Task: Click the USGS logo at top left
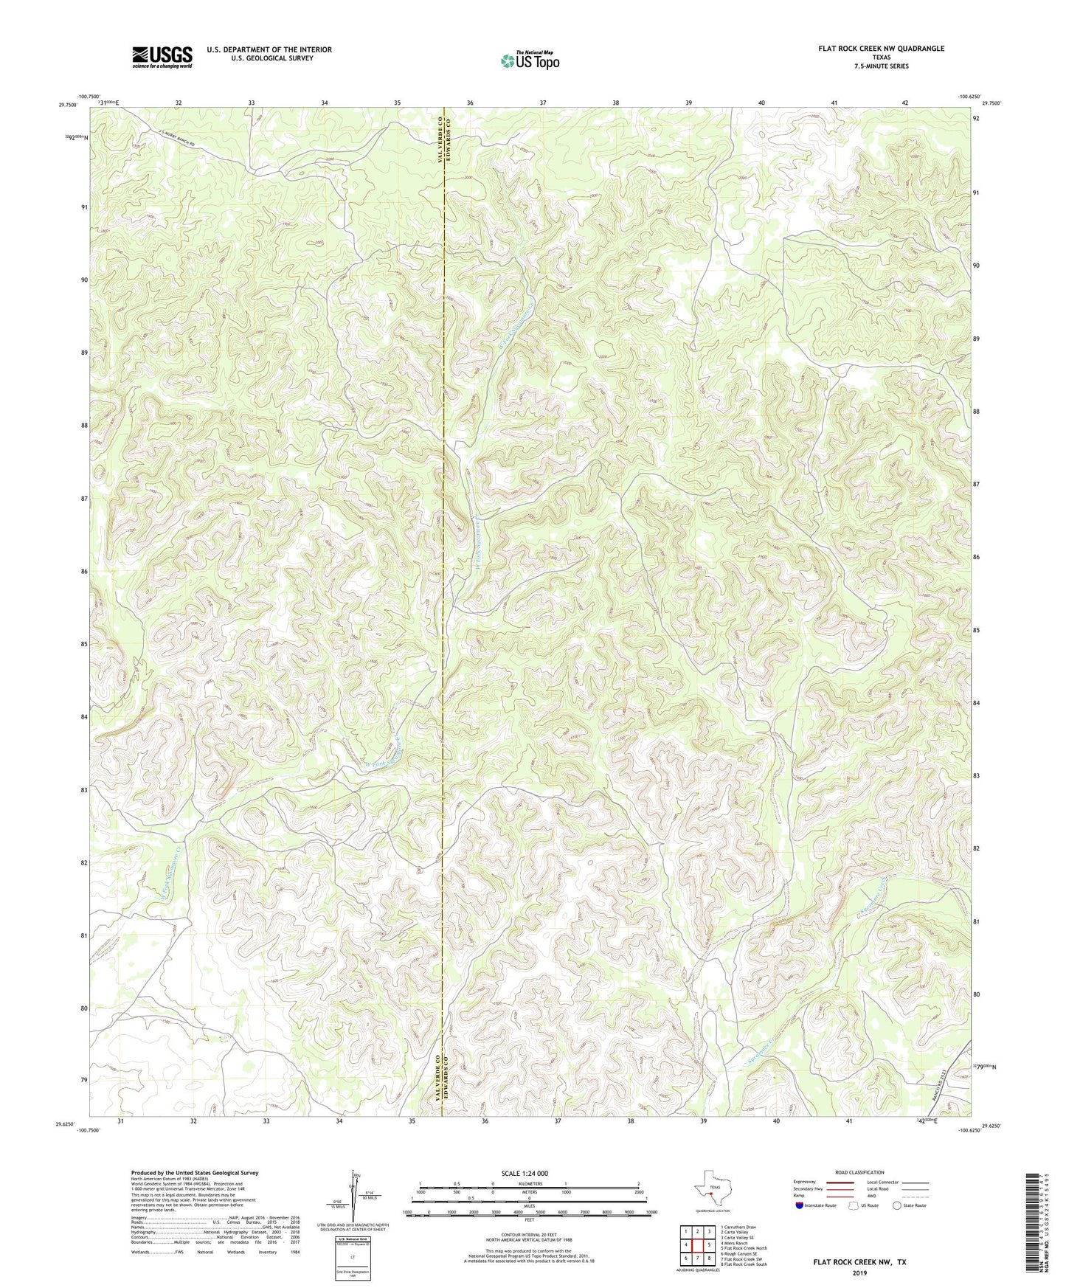point(162,57)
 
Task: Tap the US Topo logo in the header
point(529,60)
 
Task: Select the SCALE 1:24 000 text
point(525,1173)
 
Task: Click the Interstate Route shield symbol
point(800,1205)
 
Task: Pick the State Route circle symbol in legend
point(897,1205)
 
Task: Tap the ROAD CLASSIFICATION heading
point(859,1172)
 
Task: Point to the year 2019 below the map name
point(859,1273)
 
